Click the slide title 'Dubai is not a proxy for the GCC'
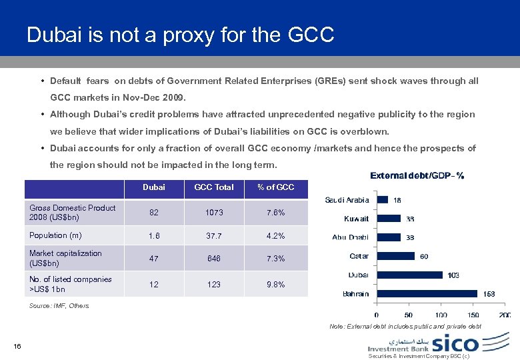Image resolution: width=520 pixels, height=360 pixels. coord(180,35)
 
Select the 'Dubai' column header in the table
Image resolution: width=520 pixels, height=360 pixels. coord(154,187)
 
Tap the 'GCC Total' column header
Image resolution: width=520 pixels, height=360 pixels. coord(214,187)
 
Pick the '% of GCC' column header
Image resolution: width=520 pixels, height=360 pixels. coord(276,187)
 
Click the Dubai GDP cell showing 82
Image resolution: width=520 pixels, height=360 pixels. coord(154,213)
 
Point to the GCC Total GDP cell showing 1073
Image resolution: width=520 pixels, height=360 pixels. coord(214,213)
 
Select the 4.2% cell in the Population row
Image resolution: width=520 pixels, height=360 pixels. coord(276,236)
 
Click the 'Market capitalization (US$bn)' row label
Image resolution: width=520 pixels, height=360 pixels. coord(65,258)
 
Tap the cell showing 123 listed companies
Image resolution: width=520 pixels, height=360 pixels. coord(214,285)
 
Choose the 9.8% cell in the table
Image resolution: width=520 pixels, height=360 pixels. coord(276,285)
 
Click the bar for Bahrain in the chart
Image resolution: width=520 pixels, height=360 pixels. coord(427,293)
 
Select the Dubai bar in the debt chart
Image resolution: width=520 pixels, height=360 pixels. coord(410,274)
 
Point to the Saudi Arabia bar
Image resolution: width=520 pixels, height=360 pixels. coord(383,199)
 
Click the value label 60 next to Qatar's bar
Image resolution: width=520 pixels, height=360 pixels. coord(424,256)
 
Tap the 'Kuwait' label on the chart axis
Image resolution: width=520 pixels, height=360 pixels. coord(356,219)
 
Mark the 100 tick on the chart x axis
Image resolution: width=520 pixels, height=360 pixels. coord(441,315)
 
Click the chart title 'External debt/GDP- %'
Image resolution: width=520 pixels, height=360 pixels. coord(417,176)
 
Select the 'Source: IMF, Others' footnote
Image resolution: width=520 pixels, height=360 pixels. coord(59,306)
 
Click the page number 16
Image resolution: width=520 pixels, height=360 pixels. coord(17,345)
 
